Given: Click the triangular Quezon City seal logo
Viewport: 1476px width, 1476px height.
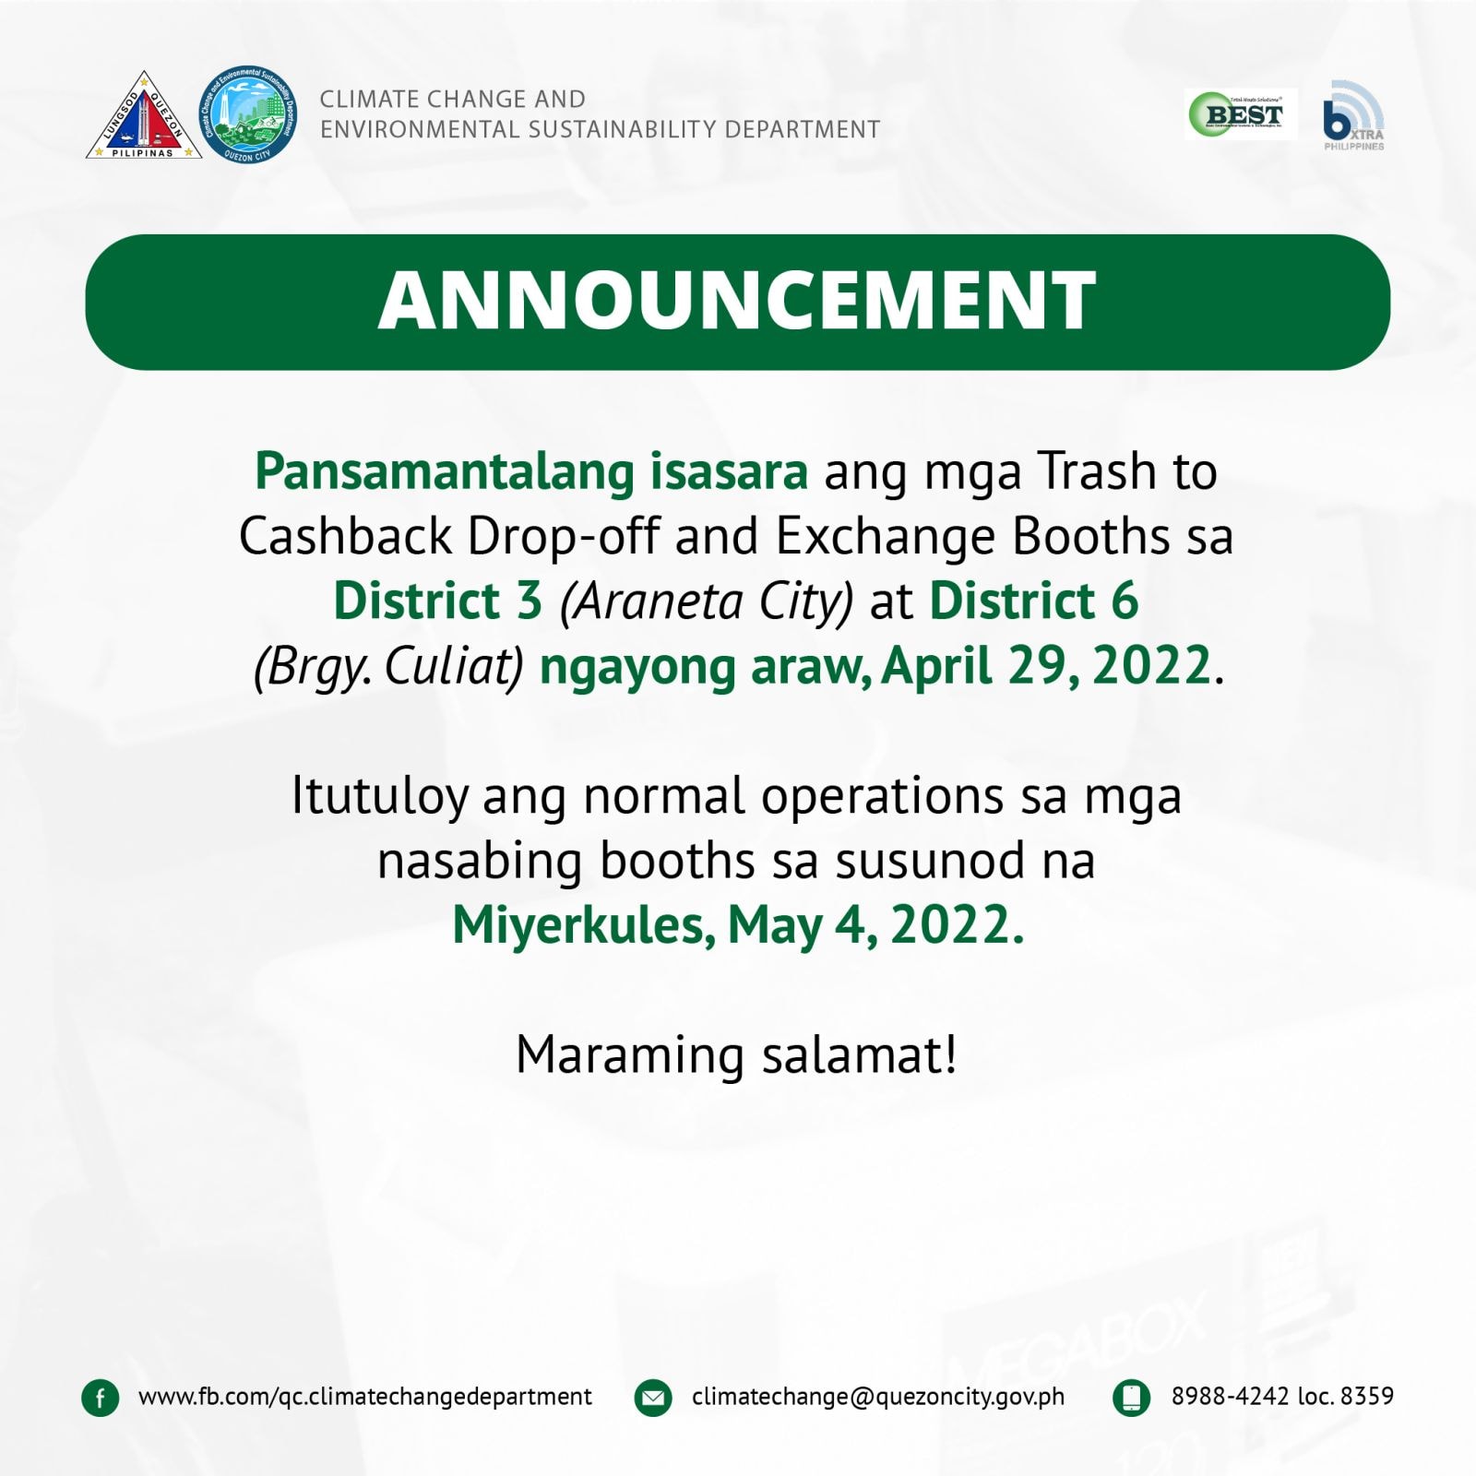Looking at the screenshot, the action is tap(144, 118).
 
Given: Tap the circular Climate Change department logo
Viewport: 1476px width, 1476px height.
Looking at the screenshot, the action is tap(248, 114).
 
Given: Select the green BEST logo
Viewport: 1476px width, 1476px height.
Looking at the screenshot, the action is tap(1241, 114).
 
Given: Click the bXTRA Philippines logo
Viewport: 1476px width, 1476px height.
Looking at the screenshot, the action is tap(1353, 116).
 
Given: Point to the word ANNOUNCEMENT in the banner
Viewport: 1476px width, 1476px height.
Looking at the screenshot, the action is tap(737, 301).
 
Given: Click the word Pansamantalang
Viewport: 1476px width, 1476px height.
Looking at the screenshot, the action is tap(445, 472).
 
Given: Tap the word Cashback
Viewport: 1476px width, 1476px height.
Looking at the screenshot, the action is tap(346, 536).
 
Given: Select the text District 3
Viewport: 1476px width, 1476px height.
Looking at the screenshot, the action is tap(437, 601).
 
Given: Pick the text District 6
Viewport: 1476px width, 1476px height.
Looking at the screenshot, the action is tap(1034, 601).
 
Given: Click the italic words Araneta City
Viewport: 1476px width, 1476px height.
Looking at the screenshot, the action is tap(707, 602).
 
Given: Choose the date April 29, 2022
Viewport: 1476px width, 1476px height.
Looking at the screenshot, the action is tap(1046, 666).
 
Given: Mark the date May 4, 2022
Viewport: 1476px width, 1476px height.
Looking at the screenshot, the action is tap(875, 925).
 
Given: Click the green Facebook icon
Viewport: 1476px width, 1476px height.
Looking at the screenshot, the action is tap(101, 1398).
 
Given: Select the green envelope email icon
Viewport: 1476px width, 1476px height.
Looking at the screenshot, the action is tap(653, 1398).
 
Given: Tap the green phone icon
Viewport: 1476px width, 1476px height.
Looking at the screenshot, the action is tap(1132, 1398).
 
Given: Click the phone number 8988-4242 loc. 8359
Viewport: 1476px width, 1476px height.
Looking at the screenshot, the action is tap(1282, 1396).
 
